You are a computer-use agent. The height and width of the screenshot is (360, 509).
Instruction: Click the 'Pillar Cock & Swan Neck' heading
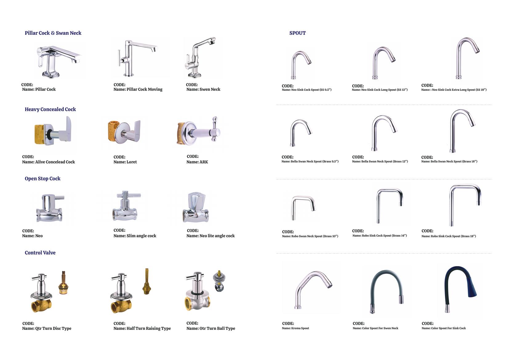tap(53, 33)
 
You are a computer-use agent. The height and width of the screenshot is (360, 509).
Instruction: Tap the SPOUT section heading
tap(298, 33)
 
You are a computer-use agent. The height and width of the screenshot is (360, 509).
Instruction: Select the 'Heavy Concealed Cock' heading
tap(50, 109)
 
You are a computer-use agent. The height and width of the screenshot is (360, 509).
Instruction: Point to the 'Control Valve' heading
tap(40, 253)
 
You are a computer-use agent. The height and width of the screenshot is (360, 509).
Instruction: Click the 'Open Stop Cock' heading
tap(42, 178)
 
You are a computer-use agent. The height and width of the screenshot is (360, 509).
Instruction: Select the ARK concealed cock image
tap(198, 131)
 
